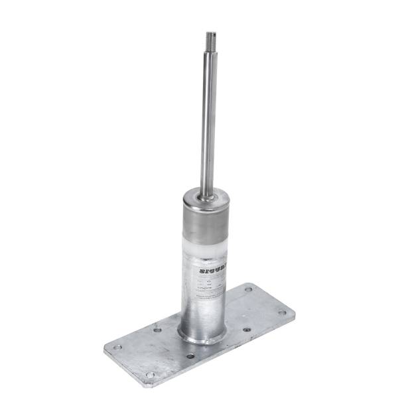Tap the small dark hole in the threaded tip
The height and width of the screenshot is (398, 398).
(210, 33)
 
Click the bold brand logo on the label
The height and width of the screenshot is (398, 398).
(212, 271)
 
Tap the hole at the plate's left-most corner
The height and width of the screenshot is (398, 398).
(117, 347)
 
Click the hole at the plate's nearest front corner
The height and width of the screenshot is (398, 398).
(151, 375)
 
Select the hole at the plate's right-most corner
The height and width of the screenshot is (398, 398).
(281, 312)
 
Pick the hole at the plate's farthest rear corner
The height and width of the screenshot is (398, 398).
(249, 290)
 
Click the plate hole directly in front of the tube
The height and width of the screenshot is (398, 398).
(190, 356)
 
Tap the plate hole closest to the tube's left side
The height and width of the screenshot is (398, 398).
(157, 330)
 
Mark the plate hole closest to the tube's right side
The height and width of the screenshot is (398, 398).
(247, 329)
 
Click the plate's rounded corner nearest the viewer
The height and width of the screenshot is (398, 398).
(147, 385)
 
